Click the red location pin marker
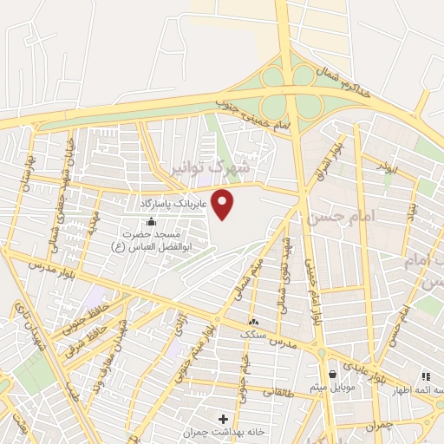(224, 206)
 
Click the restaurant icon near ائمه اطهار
(425, 376)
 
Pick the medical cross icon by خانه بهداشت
(225, 420)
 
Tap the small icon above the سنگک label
(253, 322)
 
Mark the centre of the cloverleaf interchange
(289, 91)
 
